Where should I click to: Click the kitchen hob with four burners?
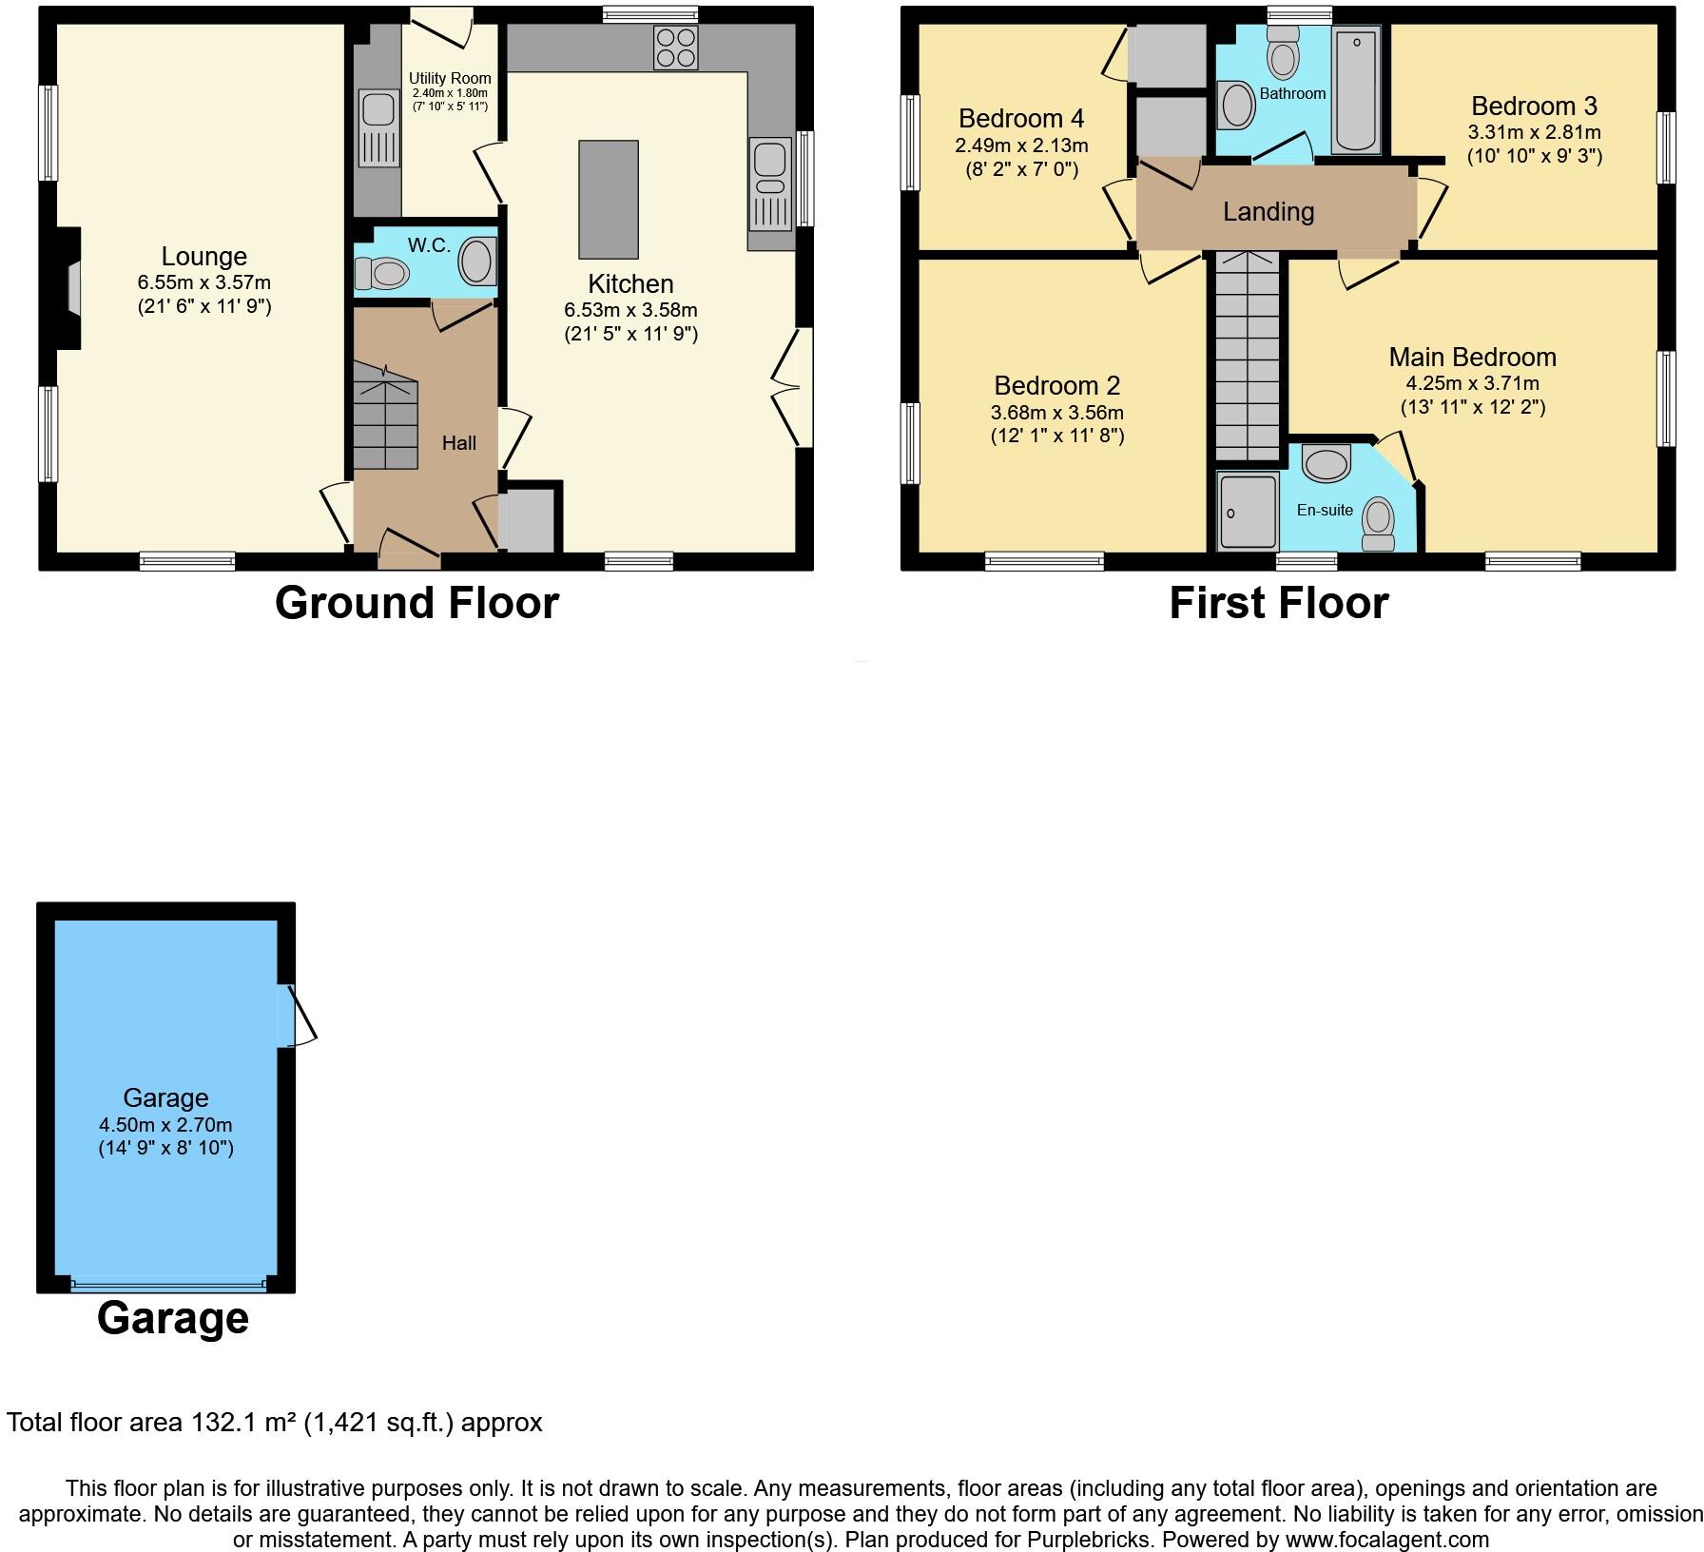click(x=676, y=48)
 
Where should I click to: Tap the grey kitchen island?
click(x=609, y=200)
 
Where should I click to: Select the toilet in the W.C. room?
click(x=382, y=274)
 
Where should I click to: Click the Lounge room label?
click(x=203, y=256)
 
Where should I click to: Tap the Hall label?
click(x=458, y=442)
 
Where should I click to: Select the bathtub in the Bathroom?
click(x=1356, y=90)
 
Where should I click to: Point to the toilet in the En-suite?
click(x=1377, y=524)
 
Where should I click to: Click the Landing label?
click(x=1268, y=211)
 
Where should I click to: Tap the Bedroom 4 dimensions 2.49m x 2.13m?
click(x=1021, y=145)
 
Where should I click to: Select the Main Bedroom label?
click(x=1472, y=357)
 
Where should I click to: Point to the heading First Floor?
click(x=1278, y=603)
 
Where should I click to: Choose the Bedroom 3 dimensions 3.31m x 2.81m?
click(x=1534, y=132)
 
